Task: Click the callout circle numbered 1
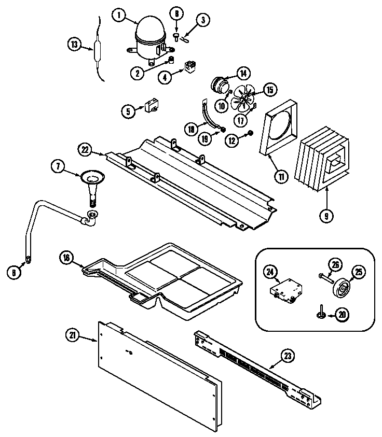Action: tap(119, 16)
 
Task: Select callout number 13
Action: tap(75, 44)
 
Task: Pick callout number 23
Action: tap(287, 356)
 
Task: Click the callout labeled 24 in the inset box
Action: tap(270, 270)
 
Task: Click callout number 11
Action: tap(281, 177)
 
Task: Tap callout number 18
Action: tap(207, 127)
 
